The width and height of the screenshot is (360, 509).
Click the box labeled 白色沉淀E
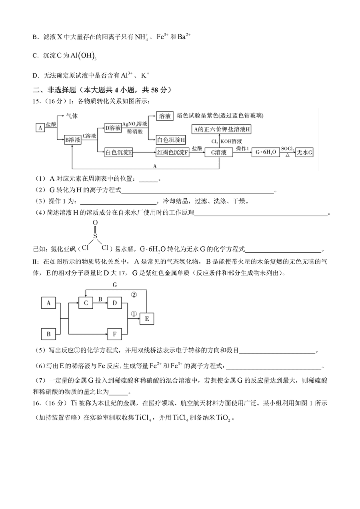pos(119,152)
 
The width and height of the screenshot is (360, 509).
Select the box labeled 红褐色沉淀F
pos(172,152)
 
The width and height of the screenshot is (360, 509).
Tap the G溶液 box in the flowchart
pos(219,152)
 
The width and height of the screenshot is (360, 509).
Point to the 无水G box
pos(304,152)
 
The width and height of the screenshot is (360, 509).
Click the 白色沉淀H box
pos(171,140)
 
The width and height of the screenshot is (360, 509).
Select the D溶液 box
pos(113,128)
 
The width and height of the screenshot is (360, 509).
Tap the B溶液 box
pos(73,140)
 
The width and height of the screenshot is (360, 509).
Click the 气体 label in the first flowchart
pos(72,116)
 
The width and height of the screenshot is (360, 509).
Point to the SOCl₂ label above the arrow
pos(288,149)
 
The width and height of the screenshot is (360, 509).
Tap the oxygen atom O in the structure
pos(95,222)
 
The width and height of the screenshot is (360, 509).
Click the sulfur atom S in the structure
pos(95,236)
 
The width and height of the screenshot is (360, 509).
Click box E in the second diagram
pos(147,318)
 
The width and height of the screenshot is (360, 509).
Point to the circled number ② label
pos(134,295)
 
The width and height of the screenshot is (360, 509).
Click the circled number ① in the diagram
pos(134,314)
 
